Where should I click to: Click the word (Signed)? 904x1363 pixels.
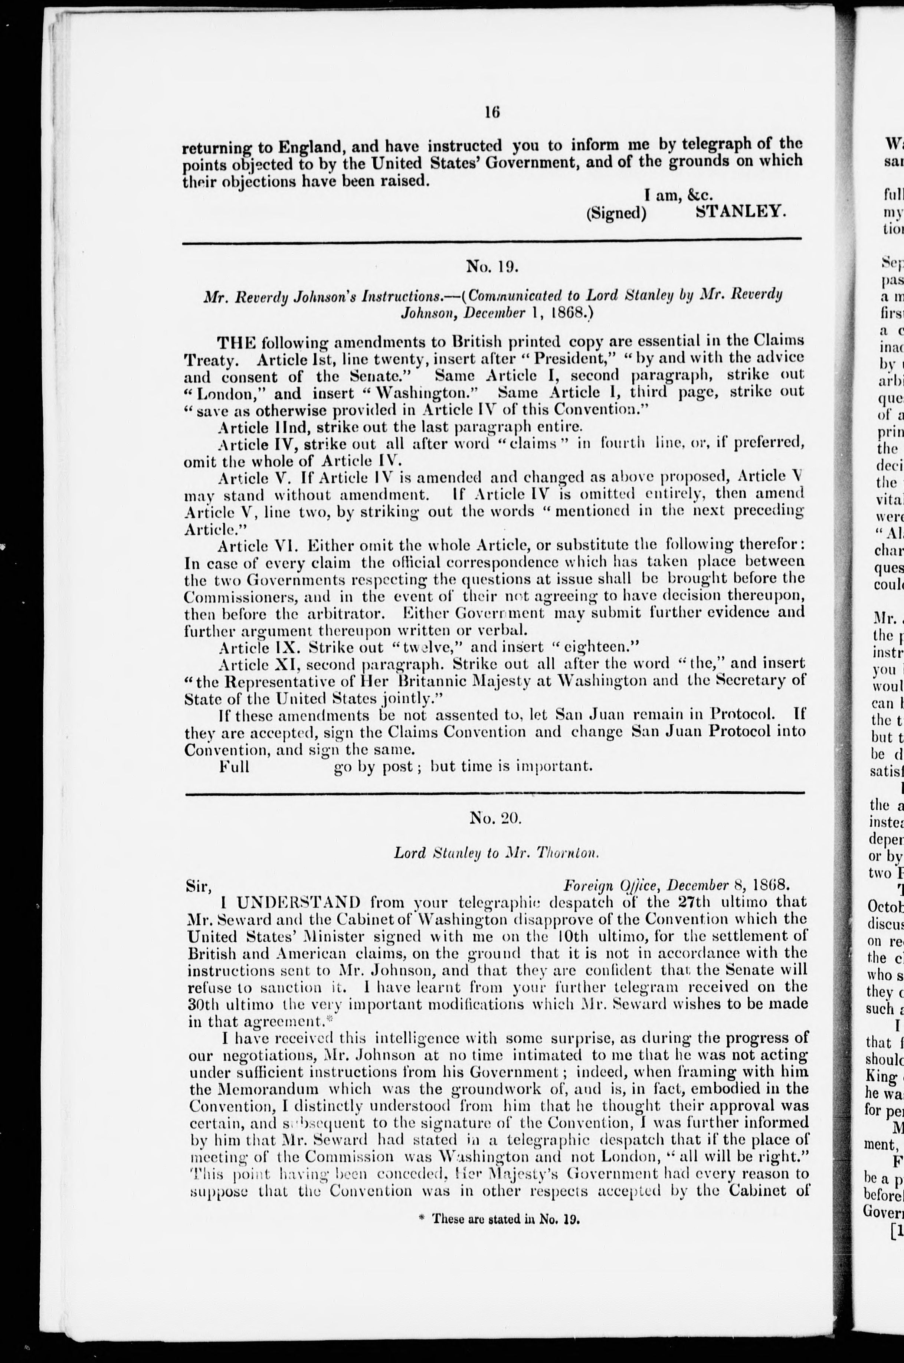click(x=616, y=213)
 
